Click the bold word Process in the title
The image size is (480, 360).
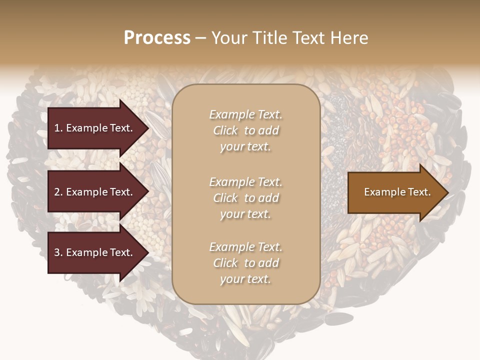[x=157, y=38]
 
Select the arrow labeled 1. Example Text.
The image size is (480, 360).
[x=95, y=128]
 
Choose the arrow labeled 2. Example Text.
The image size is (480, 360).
[x=95, y=192]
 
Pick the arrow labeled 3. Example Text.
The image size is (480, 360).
[x=95, y=252]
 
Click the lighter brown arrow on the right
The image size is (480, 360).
[x=395, y=192]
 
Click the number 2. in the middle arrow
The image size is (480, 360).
[x=58, y=192]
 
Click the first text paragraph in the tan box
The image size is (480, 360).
[x=245, y=130]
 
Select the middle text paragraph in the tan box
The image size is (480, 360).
[x=245, y=198]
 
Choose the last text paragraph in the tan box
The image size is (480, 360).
[x=245, y=263]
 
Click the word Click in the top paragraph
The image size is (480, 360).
[x=225, y=130]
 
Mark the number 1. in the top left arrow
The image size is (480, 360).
[x=58, y=128]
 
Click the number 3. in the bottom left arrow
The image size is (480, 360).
[x=58, y=252]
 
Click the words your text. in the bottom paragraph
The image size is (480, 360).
[x=245, y=279]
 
